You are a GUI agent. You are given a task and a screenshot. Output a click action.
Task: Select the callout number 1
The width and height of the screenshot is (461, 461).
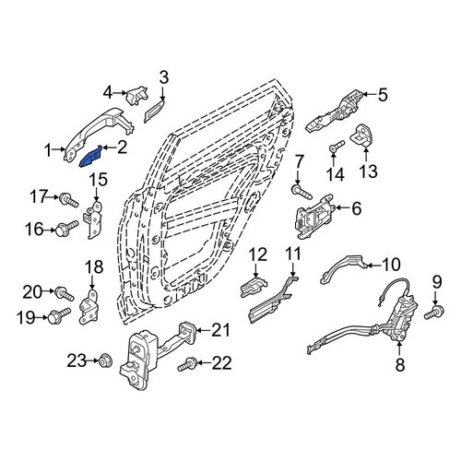coord(48,151)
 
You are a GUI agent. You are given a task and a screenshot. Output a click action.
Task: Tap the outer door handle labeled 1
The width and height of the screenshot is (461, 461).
coord(99,131)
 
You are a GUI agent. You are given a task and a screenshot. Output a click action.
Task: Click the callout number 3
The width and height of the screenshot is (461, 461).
coord(164,77)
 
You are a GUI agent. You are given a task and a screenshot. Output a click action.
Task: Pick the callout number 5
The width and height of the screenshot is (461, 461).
coord(383,95)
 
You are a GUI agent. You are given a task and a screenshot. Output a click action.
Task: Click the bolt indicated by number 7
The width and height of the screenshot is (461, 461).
coord(301,191)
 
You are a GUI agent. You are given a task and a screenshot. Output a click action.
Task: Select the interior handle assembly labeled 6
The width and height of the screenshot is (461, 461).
coord(314,217)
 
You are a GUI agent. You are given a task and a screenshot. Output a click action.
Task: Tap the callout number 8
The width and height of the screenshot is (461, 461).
coord(400,365)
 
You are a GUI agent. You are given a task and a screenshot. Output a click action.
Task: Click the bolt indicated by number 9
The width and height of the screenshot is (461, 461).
coord(434,313)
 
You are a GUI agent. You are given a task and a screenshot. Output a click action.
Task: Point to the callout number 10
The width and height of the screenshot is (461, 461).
coord(391,265)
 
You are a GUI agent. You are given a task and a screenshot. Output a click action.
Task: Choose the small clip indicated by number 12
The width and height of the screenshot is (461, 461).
coord(254,288)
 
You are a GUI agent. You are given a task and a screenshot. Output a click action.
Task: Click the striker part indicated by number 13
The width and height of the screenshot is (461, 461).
coord(362,136)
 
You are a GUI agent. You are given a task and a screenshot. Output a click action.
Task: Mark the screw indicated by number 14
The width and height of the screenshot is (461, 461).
coord(337,146)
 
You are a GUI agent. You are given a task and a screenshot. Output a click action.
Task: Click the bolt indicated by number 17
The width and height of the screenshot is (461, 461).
coord(69,200)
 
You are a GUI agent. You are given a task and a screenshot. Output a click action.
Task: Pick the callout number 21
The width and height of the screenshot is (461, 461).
coord(221,330)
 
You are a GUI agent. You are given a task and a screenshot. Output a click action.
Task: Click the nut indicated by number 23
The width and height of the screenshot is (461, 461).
coord(104,361)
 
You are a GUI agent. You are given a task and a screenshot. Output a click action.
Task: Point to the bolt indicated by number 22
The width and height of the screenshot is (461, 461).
coord(186,364)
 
